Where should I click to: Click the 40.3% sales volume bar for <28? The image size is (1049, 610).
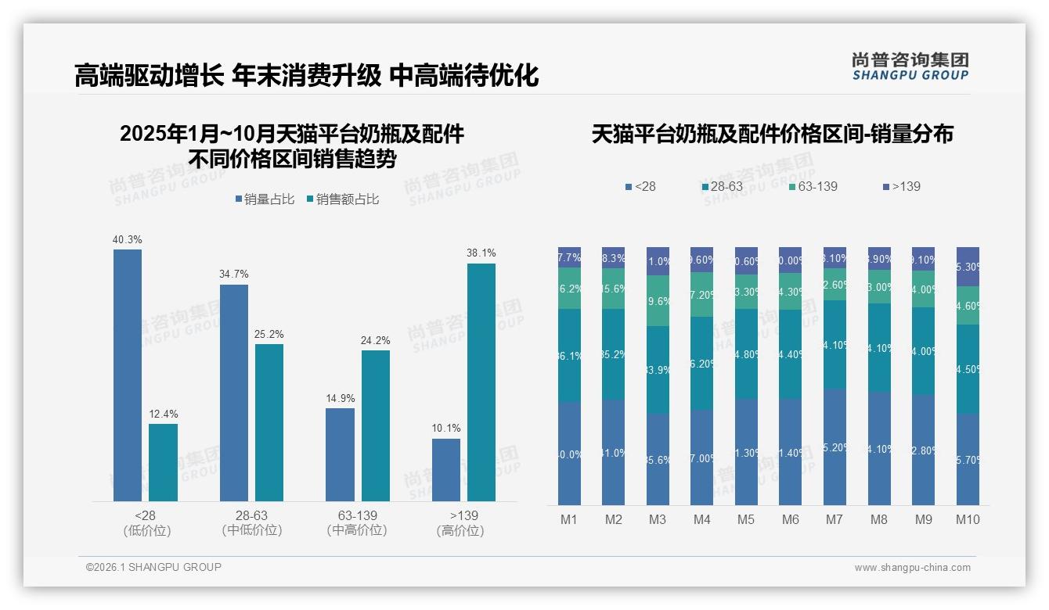coord(128,375)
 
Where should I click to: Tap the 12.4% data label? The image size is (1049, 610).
coord(163,414)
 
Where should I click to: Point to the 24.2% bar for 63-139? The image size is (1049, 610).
coord(376,425)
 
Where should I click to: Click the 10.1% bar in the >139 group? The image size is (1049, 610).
coord(446,469)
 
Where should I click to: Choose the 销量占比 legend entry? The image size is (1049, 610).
coord(265,199)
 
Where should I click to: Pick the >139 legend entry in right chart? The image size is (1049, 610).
coord(901,187)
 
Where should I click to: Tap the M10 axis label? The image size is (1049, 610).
coord(968,519)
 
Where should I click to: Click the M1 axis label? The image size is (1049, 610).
coord(569,519)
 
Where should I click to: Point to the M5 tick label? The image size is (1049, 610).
coord(746,519)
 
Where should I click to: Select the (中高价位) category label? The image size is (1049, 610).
coord(357,530)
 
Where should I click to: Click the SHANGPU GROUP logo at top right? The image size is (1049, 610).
coord(910,66)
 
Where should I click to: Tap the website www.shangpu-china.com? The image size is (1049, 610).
coord(912,568)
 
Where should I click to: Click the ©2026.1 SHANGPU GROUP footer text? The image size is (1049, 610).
coord(153,567)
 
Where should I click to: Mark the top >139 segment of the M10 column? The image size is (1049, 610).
coord(968,267)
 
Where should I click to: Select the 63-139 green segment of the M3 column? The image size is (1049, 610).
coord(658,300)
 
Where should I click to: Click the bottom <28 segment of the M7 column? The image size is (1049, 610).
coord(835,447)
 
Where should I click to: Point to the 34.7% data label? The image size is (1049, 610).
coord(234,274)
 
